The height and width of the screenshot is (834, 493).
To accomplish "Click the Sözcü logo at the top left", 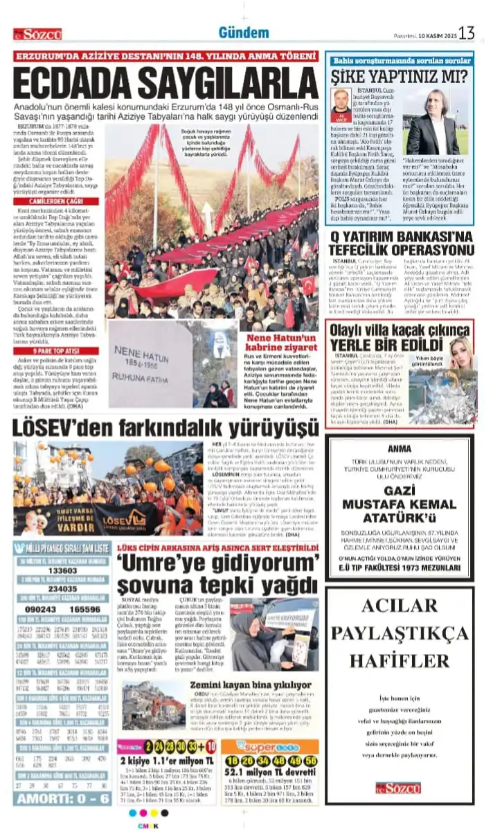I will pyautogui.click(x=37, y=34).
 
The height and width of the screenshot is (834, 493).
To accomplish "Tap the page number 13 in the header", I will pyautogui.click(x=467, y=33).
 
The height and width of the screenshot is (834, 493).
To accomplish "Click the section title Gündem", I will pyautogui.click(x=244, y=33).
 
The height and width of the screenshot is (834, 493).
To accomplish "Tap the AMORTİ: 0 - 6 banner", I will pyautogui.click(x=62, y=798).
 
